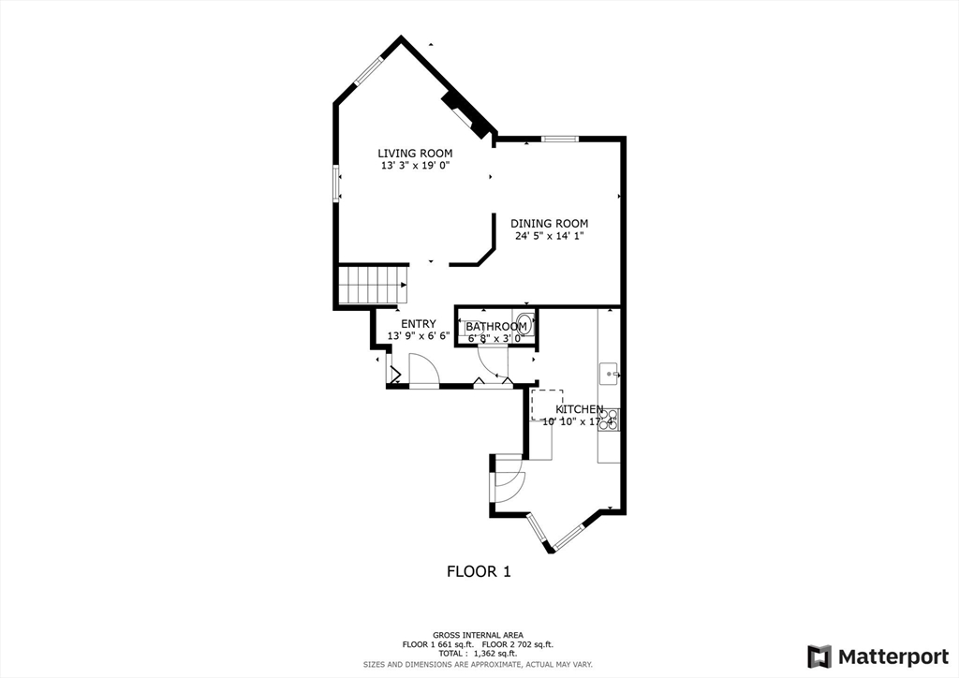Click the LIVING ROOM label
tap(415, 154)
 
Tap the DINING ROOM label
tap(549, 224)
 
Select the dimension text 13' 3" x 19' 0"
tap(415, 166)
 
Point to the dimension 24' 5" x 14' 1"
tap(549, 236)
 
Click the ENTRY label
tap(419, 324)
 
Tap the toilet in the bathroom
tap(525, 324)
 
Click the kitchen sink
tap(610, 374)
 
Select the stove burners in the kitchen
tap(609, 420)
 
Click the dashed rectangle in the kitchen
tap(547, 405)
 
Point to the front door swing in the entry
tap(421, 371)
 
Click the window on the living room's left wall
tap(336, 183)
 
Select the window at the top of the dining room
tap(559, 140)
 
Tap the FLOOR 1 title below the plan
tap(479, 570)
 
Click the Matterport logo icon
tap(819, 656)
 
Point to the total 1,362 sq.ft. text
tap(479, 654)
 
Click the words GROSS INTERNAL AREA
tap(479, 635)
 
